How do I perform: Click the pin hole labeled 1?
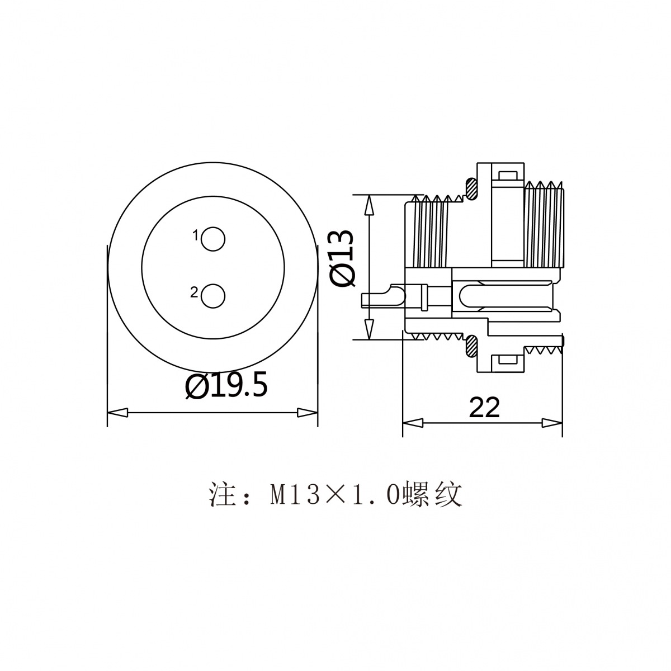[213, 239]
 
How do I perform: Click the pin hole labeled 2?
[213, 296]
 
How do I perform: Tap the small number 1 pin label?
[196, 236]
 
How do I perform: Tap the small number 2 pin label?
[194, 292]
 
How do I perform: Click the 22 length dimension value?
[484, 408]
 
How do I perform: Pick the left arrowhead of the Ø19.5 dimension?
[117, 413]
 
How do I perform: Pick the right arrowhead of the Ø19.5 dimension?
[308, 413]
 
